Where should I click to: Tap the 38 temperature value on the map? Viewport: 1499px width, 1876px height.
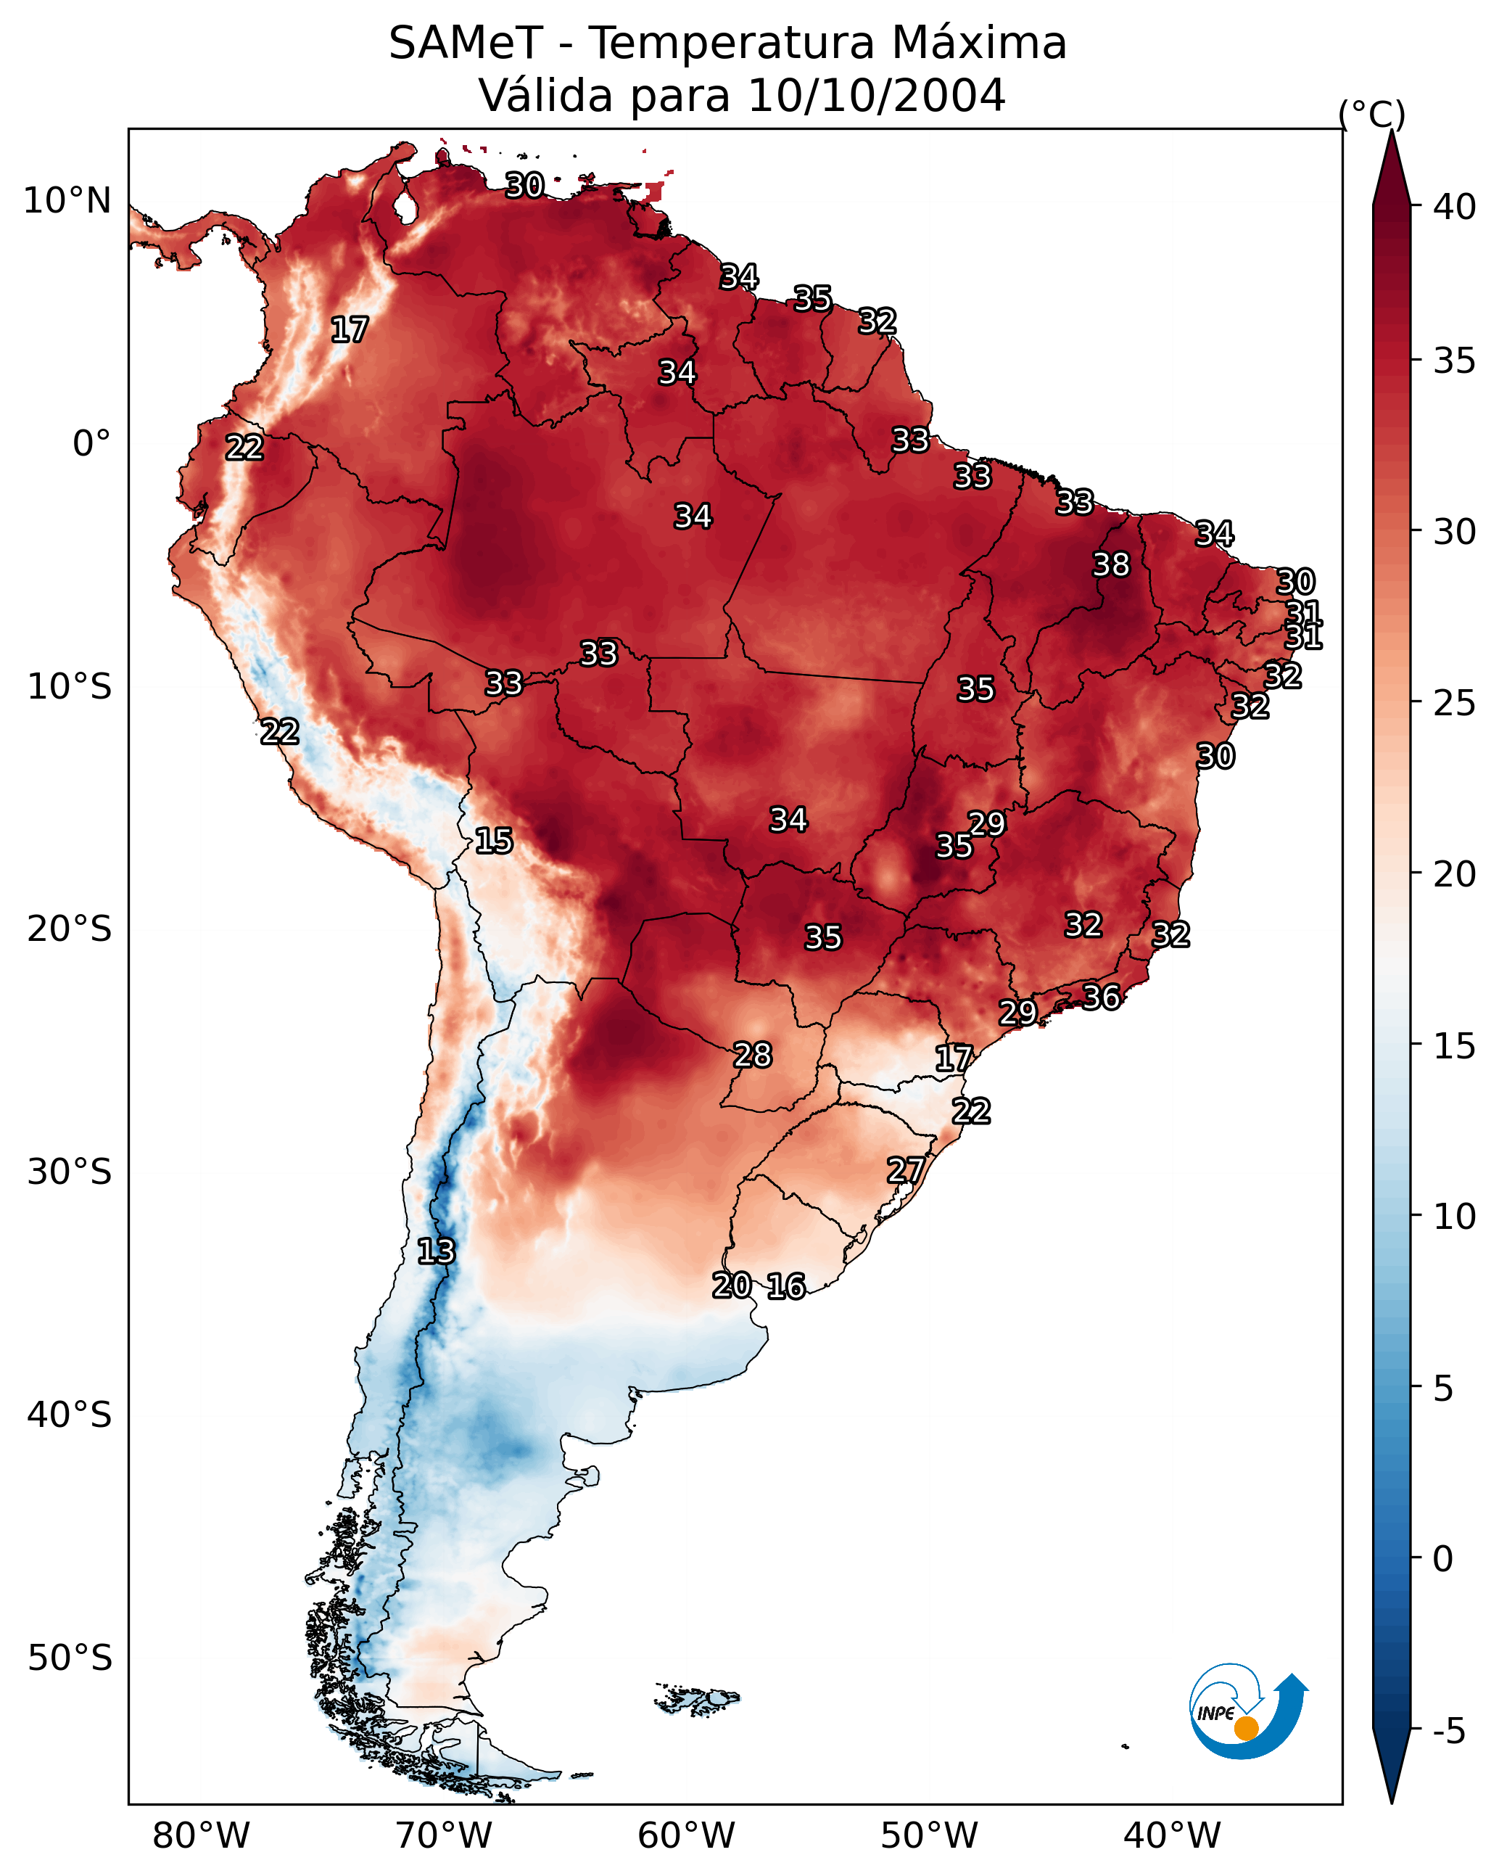1111,564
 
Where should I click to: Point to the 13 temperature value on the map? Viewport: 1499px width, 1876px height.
436,1251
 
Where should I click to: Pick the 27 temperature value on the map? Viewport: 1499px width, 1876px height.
906,1170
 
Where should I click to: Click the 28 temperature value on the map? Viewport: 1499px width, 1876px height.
753,1055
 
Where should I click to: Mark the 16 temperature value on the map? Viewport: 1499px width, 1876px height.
786,1286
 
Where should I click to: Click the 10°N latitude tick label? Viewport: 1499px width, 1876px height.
67,201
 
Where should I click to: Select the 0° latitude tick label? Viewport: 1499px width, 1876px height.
92,444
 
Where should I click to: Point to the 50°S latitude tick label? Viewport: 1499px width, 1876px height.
70,1658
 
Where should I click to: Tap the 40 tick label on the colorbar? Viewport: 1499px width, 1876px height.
1455,207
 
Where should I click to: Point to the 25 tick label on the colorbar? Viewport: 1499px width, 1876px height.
1455,702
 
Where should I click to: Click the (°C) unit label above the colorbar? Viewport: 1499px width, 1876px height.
1372,114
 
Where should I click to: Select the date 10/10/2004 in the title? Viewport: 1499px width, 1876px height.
877,95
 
